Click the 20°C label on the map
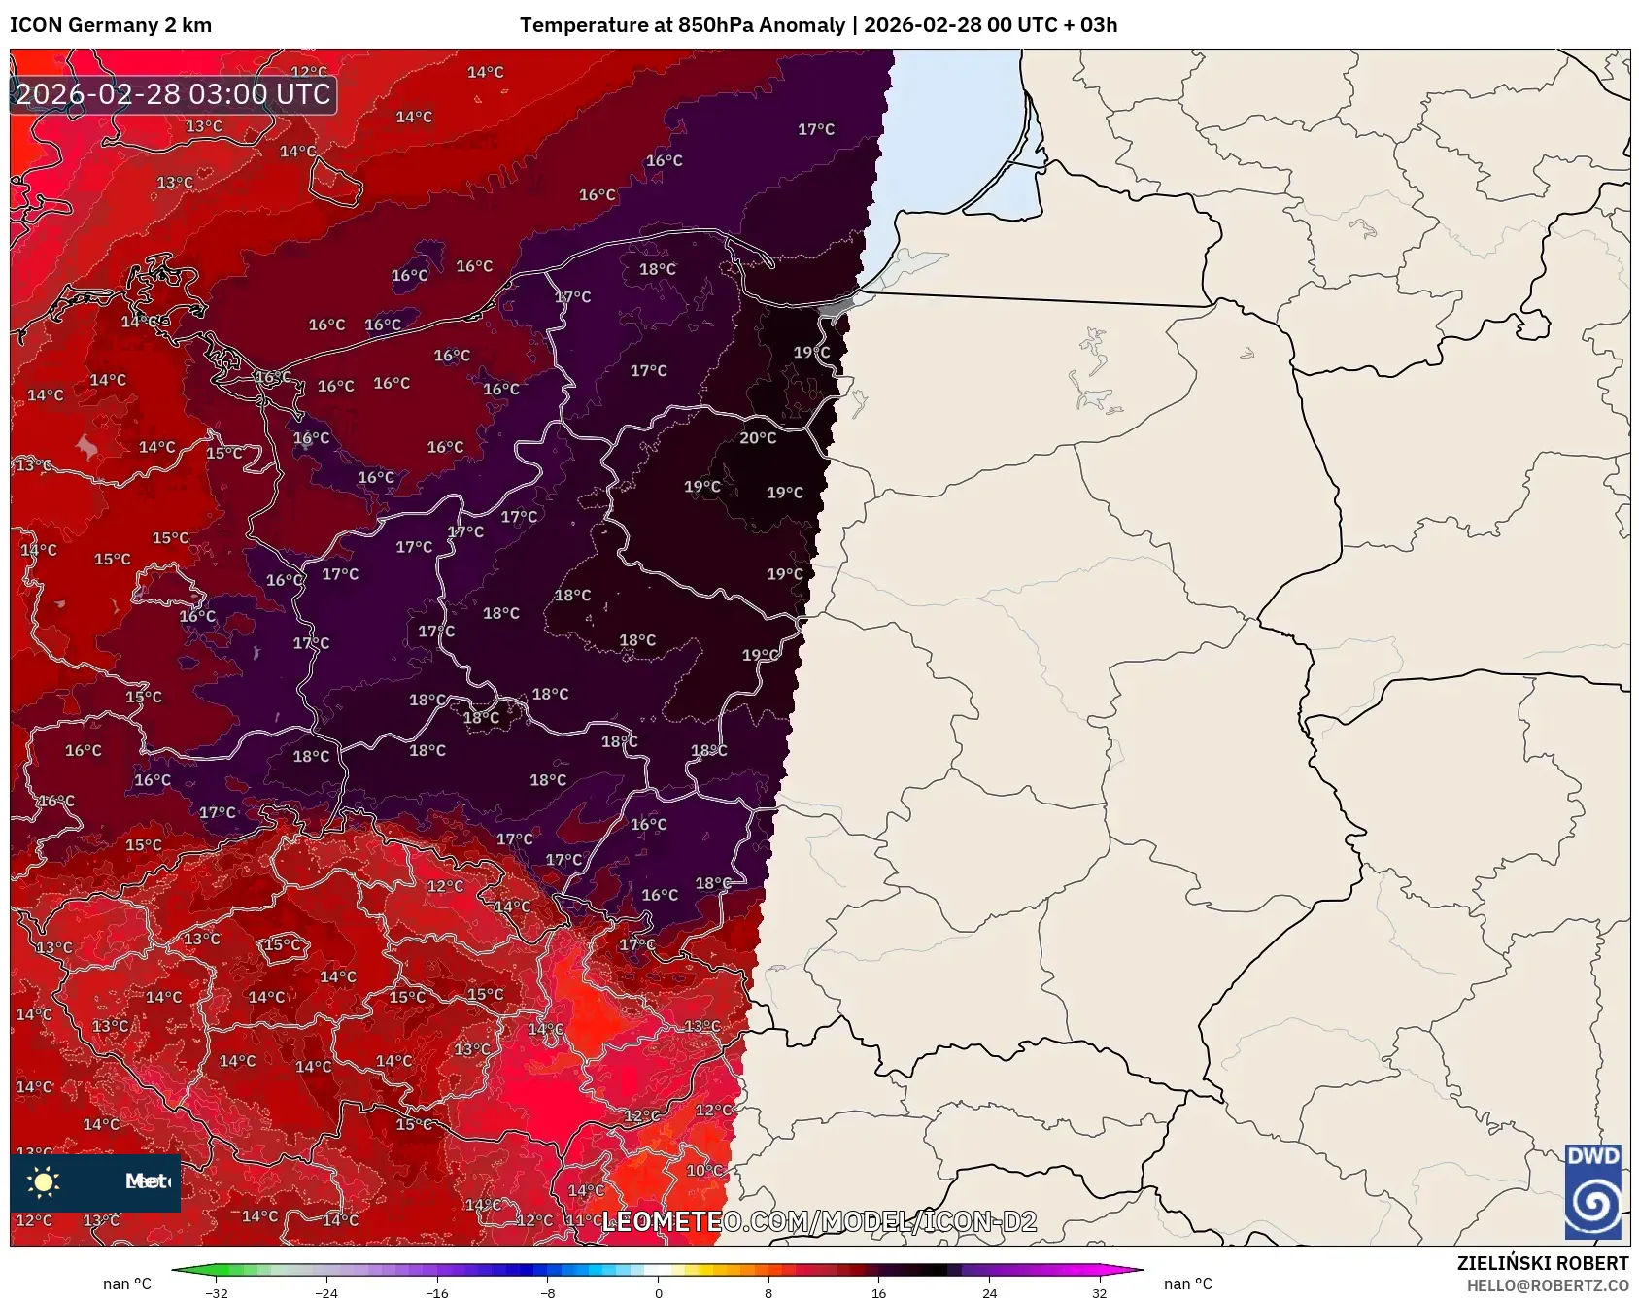758,438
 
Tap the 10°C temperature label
704,1170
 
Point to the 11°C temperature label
582,1220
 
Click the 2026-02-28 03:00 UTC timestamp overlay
173,94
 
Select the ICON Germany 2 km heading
111,25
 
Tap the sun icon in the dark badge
44,1181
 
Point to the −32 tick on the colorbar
217,1293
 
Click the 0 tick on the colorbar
659,1293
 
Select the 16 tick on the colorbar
878,1293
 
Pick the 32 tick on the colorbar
1099,1293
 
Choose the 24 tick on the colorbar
989,1293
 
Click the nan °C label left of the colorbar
127,1284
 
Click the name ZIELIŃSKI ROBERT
1542,1263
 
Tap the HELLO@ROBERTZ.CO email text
1547,1285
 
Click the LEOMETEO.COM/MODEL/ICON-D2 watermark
819,1221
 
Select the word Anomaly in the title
802,25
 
